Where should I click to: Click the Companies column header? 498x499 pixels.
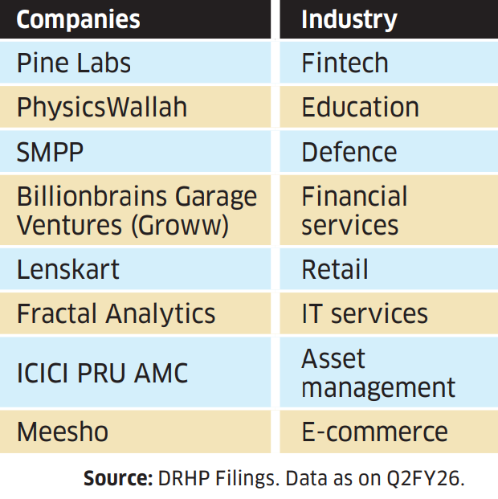[x=78, y=19]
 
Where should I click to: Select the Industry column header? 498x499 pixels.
[x=349, y=19]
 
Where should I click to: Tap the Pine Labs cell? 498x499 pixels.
[x=74, y=63]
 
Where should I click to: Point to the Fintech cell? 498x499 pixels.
[x=345, y=63]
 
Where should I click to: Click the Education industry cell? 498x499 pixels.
[x=360, y=108]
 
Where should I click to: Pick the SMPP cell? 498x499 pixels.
[x=50, y=152]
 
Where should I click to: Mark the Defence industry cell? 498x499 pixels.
[x=349, y=152]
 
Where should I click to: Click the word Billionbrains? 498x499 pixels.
[x=90, y=197]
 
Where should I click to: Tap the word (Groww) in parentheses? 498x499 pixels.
[x=181, y=226]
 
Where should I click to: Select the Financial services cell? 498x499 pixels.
[x=354, y=211]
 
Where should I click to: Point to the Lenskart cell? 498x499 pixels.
[x=68, y=270]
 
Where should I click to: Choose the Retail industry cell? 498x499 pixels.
[x=335, y=270]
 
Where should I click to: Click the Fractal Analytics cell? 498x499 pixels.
[x=116, y=314]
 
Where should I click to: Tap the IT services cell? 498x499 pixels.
[x=365, y=314]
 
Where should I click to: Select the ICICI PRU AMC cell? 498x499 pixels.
[x=103, y=373]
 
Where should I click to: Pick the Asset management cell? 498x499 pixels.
[x=378, y=373]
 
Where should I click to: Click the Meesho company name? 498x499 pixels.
[x=63, y=432]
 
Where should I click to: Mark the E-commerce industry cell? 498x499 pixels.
[x=374, y=432]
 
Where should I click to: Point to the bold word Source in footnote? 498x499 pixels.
[x=118, y=478]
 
